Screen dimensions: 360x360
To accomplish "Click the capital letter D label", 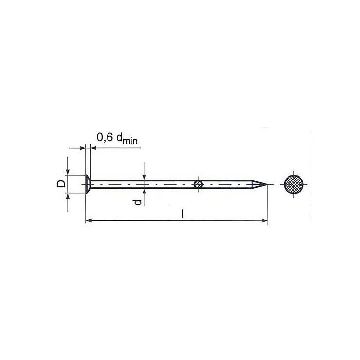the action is tap(61, 184).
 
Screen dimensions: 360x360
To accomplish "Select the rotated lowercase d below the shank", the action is tap(138, 202).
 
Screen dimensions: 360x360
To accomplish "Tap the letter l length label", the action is tap(183, 214).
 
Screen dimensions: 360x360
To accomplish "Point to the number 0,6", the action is tap(105, 137).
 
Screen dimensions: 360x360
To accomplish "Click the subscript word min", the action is tap(130, 141).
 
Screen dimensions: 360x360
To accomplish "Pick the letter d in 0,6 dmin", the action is tap(120, 137).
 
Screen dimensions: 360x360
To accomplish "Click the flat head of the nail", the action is tap(88, 184).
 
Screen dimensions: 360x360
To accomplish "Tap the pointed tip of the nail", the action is tap(267, 184).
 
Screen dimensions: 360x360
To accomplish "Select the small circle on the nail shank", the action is tap(198, 184).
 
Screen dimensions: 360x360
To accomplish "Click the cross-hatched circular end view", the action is tap(294, 184).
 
